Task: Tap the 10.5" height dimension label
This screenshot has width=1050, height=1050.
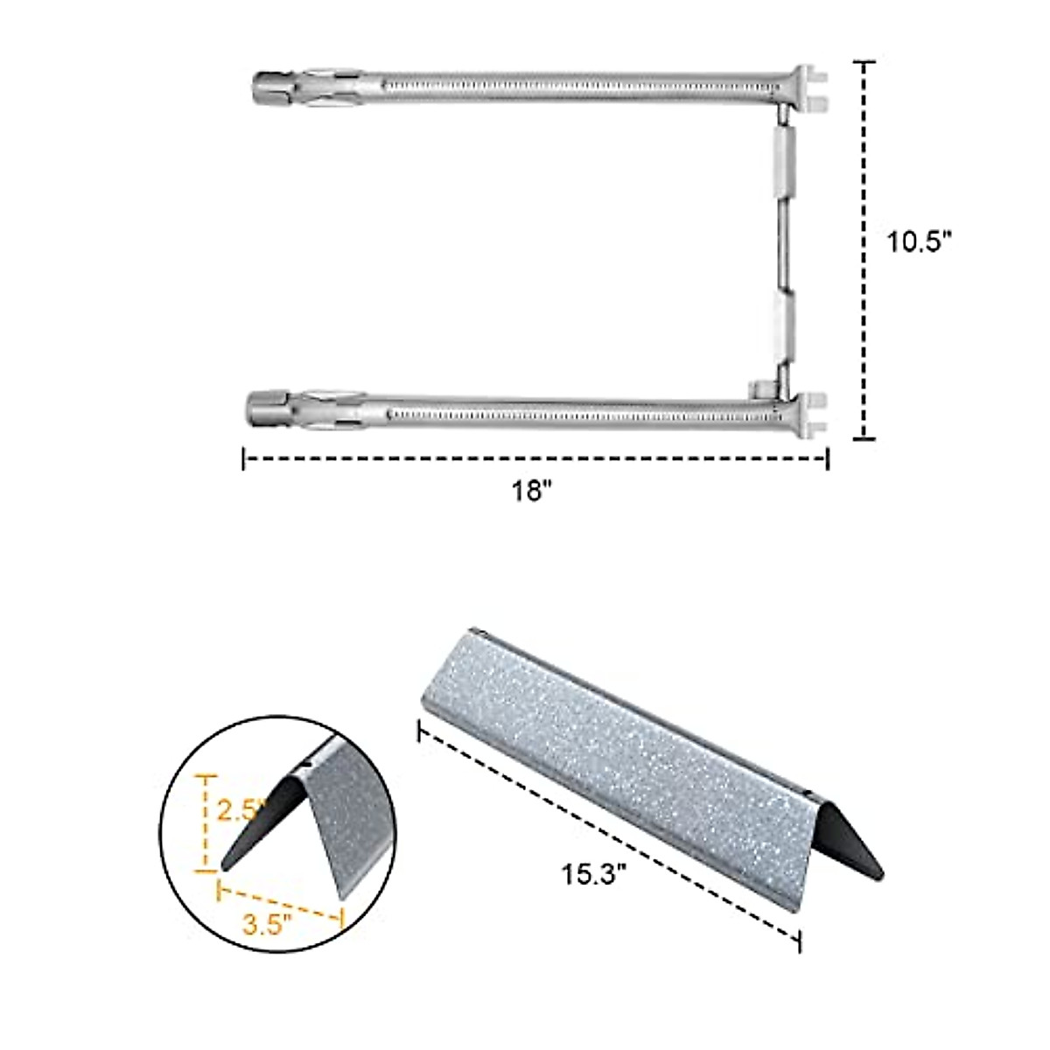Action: point(919,242)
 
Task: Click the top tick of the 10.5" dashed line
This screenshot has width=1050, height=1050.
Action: point(864,63)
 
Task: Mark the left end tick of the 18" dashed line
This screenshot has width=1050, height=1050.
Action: point(243,458)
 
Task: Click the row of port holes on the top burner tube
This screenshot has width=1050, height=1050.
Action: point(577,87)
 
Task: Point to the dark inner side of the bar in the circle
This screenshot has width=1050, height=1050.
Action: point(262,822)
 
